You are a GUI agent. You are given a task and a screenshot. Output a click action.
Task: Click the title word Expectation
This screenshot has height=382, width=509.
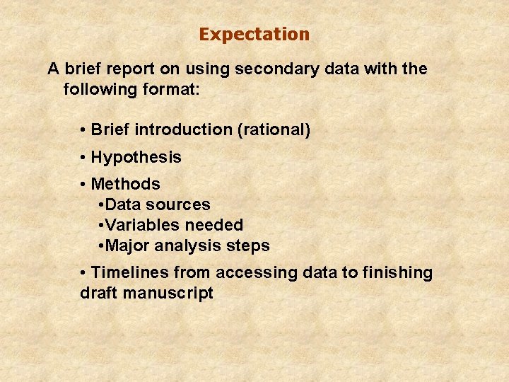pos(254,34)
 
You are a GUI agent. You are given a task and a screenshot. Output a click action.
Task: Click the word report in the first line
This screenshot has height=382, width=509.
pos(135,69)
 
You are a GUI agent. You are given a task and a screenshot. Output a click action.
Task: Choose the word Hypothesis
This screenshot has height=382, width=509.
pos(136,157)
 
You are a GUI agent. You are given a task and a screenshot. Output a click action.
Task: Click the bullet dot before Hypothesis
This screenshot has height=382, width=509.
pos(83,157)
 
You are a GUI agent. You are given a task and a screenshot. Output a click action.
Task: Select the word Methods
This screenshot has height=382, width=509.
pos(126,184)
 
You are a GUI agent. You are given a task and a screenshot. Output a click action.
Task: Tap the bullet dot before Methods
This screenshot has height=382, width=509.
pos(83,184)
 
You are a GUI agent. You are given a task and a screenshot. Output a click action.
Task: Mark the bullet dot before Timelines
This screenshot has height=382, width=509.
pos(83,272)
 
